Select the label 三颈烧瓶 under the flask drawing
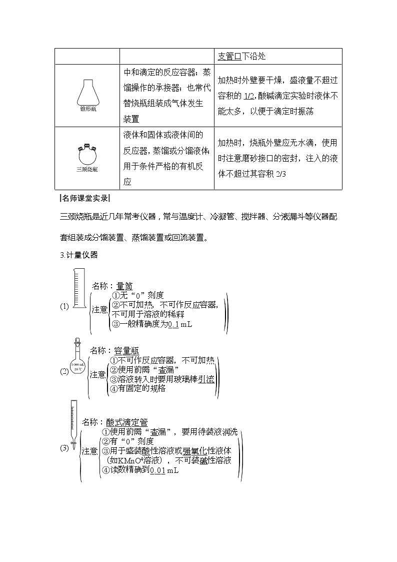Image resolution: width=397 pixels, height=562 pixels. pos(87,169)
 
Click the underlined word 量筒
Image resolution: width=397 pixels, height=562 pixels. pos(124,286)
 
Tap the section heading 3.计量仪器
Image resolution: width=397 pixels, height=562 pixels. pos(78,255)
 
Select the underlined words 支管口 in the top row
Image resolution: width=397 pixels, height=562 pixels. pos(230,56)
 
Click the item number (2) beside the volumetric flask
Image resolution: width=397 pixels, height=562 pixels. pos(64,371)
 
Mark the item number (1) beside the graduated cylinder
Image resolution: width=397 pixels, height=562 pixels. pos(64,307)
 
